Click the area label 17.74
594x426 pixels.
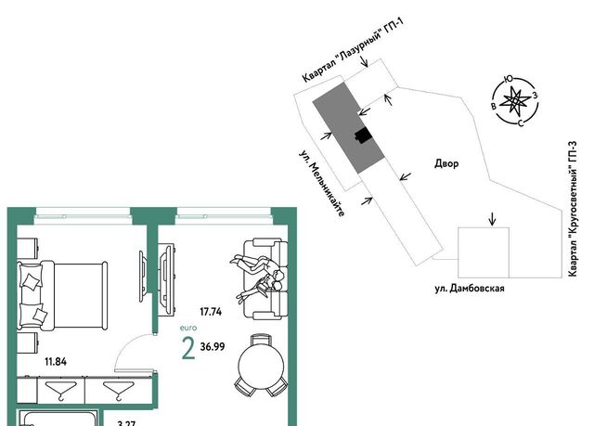click(211, 312)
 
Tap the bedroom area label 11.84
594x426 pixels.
click(56, 362)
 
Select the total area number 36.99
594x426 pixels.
click(213, 346)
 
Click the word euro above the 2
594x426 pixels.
click(188, 328)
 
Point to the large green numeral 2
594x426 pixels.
click(188, 348)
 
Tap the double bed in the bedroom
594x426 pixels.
click(62, 295)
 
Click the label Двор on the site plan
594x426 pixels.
click(446, 163)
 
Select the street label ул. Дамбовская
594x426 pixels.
click(470, 289)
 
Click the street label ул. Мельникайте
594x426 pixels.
click(322, 184)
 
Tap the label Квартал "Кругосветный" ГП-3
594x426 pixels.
click(573, 209)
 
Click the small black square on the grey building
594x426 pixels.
click(363, 136)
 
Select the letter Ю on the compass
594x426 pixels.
click(509, 79)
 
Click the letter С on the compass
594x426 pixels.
click(522, 123)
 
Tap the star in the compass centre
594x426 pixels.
click(515, 100)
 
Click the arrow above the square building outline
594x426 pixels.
click(492, 218)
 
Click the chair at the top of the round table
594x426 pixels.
click(261, 340)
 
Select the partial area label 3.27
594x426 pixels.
click(126, 423)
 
